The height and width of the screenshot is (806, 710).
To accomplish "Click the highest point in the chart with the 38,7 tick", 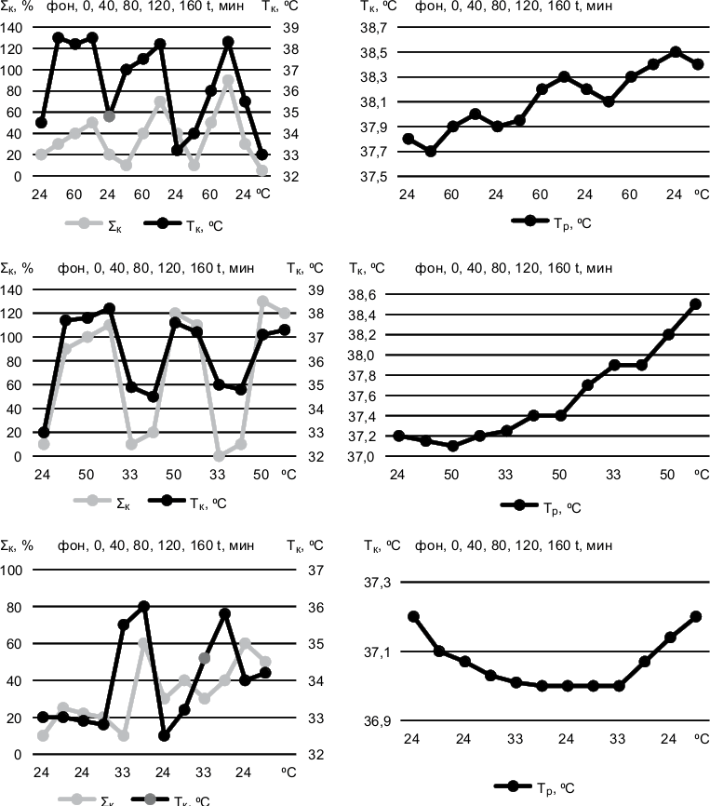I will [676, 52].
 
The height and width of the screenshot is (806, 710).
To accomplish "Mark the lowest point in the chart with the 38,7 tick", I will [430, 151].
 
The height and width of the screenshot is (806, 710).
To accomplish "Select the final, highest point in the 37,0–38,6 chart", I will [695, 304].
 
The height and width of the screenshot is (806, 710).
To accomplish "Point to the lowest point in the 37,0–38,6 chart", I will [452, 446].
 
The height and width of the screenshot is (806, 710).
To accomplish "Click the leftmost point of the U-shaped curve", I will [413, 616].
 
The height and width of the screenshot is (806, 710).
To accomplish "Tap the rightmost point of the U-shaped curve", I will [695, 616].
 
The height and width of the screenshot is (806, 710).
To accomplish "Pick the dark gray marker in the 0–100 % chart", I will [205, 658].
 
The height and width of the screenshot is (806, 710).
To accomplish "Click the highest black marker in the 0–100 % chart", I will [144, 607].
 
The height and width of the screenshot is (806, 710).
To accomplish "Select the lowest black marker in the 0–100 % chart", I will [164, 735].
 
